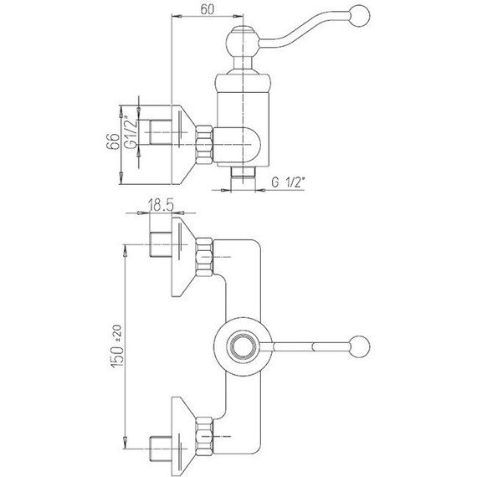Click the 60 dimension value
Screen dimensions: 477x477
click(208, 9)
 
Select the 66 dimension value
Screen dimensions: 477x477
click(113, 141)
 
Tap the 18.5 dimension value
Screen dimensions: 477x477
click(161, 205)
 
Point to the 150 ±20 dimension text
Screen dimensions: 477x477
click(117, 346)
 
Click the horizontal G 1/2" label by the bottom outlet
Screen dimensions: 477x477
click(288, 182)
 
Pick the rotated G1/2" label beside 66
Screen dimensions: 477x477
click(131, 132)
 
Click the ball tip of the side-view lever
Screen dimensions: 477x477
click(360, 15)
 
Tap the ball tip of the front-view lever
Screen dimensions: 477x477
click(360, 346)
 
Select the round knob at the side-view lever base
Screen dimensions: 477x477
click(243, 41)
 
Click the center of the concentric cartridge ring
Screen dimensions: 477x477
click(243, 346)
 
